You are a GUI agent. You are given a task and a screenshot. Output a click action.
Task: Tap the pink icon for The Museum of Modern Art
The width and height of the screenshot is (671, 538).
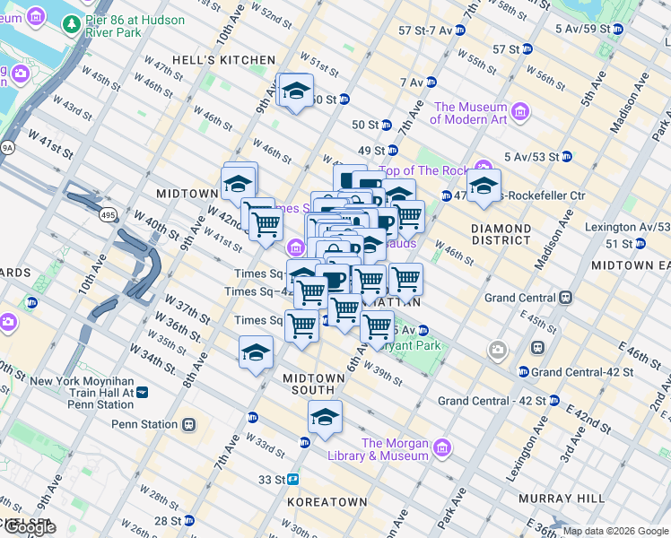(x=520, y=112)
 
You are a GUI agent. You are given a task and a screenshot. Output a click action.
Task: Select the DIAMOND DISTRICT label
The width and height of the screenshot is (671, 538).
(x=501, y=234)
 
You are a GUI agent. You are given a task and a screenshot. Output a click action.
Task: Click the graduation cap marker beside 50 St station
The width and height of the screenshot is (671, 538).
(x=295, y=91)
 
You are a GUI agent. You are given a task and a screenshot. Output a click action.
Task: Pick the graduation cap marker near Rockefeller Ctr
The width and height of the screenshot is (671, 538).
(x=484, y=187)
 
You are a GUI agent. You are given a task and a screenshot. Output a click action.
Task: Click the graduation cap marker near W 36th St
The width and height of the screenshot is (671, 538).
(x=256, y=353)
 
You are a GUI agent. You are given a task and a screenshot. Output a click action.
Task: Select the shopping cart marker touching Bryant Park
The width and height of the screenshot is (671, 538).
(x=378, y=328)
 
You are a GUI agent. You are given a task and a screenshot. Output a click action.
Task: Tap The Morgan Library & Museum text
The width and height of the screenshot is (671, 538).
(x=395, y=449)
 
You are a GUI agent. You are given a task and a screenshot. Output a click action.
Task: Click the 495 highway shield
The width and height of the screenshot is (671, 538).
(x=108, y=215)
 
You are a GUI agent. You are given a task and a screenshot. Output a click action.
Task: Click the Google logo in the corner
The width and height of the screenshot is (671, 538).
(x=29, y=527)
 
